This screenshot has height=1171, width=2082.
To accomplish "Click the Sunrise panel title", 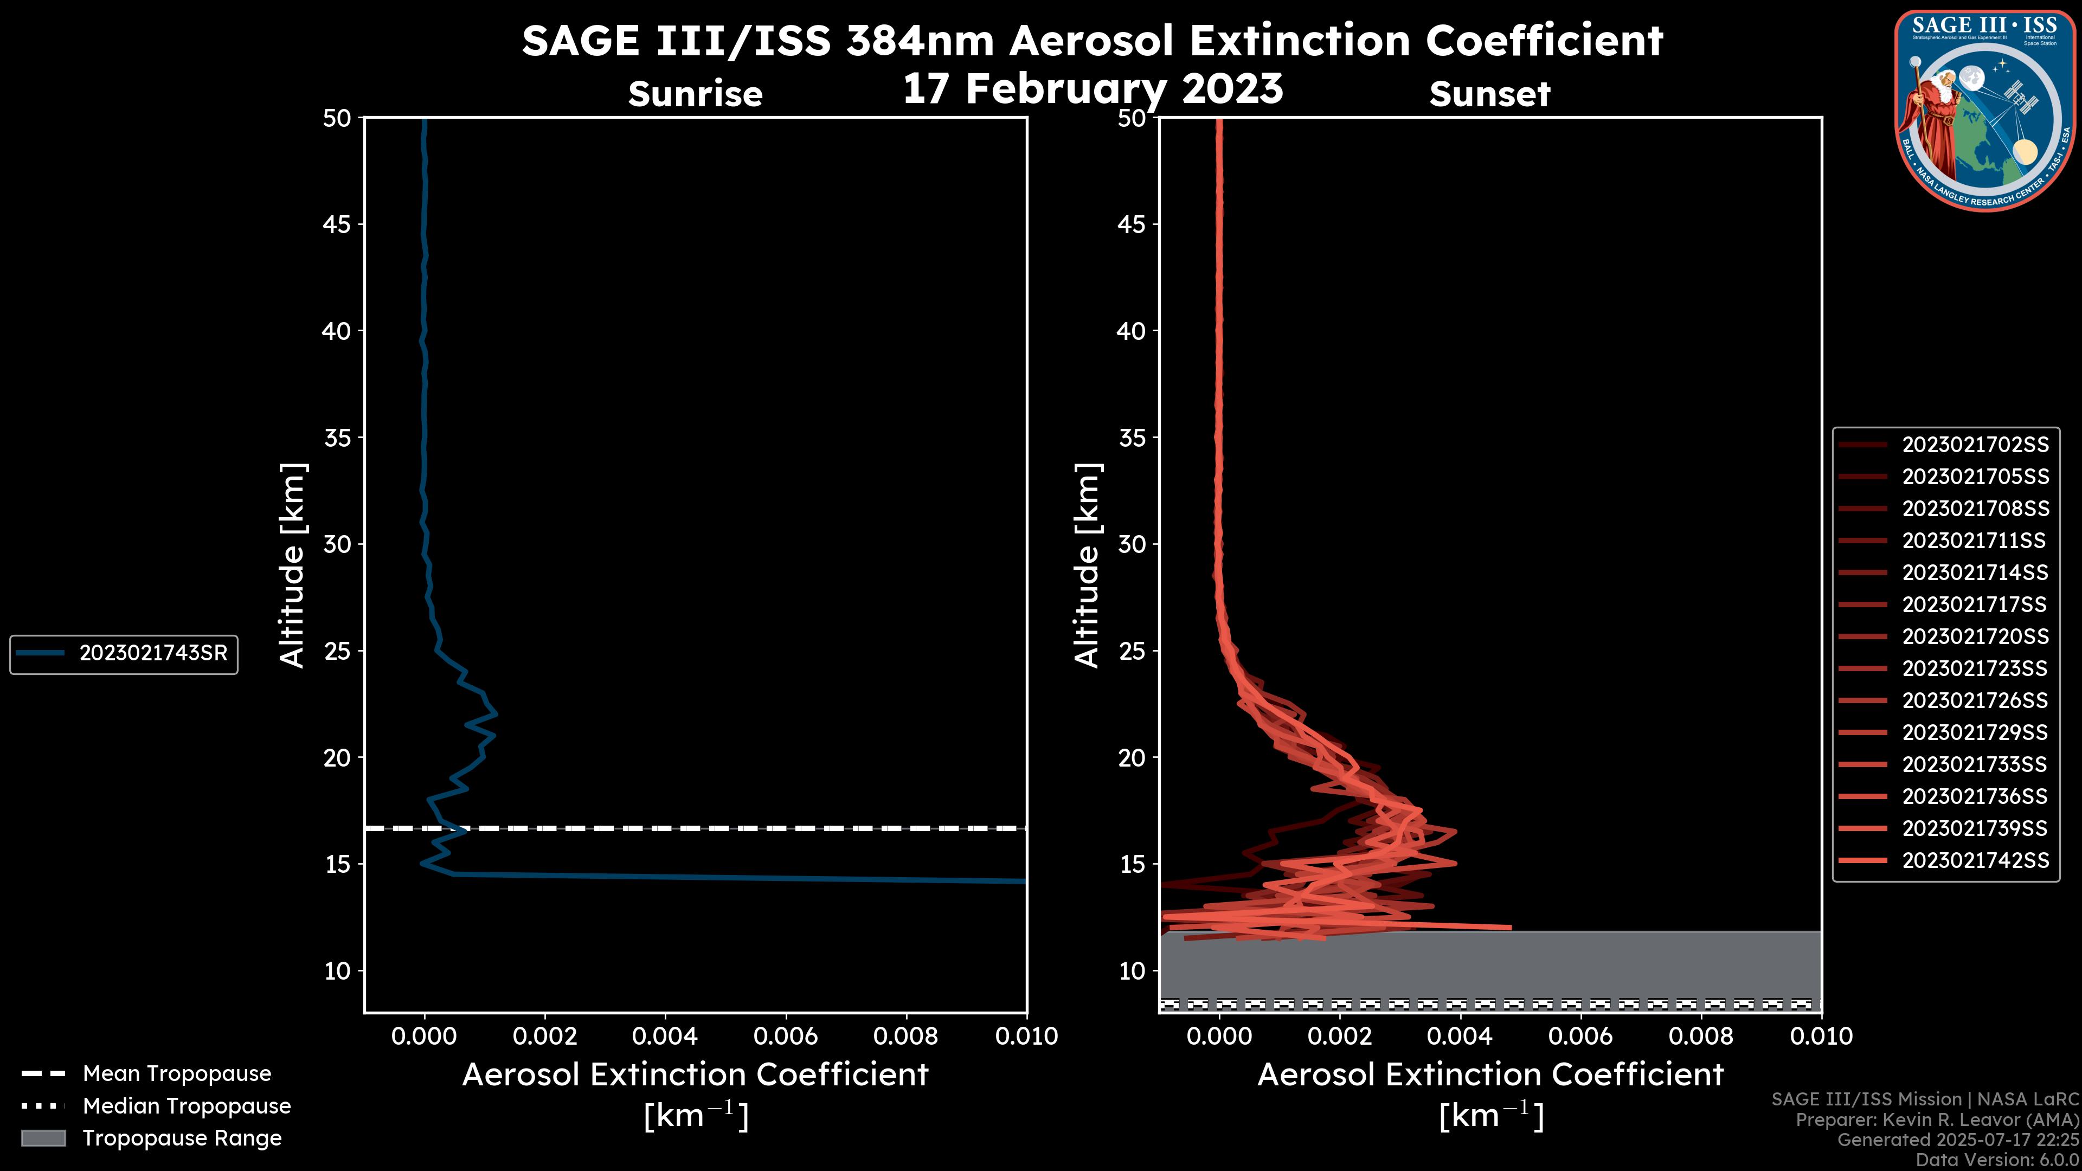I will (x=695, y=94).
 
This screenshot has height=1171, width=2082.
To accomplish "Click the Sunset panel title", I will (x=1489, y=94).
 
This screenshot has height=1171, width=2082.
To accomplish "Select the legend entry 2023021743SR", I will (x=153, y=653).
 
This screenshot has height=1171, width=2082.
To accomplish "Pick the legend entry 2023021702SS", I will (x=1975, y=445).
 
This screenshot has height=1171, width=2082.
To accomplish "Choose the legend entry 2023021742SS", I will (x=1975, y=861).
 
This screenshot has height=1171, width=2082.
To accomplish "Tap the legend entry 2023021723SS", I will (x=1975, y=669).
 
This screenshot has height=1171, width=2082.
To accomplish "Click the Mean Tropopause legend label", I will (x=177, y=1073).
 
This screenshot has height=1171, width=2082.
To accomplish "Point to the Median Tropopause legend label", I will (x=187, y=1105).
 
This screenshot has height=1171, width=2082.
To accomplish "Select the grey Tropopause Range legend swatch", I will (x=43, y=1138).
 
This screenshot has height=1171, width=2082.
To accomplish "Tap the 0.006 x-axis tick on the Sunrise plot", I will (x=785, y=1036).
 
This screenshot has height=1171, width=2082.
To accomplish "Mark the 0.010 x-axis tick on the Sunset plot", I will (x=1821, y=1036).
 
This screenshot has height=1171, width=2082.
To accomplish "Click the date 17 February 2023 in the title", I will (x=1092, y=89).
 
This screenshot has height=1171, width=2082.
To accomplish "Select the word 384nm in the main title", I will (x=919, y=41).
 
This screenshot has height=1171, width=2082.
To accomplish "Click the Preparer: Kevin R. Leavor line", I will (x=1937, y=1120).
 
